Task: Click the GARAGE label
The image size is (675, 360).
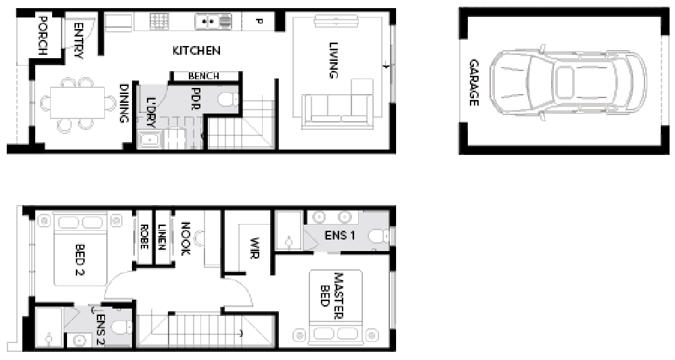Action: click(x=474, y=83)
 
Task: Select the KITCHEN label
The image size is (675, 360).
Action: click(x=196, y=50)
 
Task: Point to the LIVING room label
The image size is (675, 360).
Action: click(x=333, y=60)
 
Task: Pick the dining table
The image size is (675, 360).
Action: click(x=77, y=103)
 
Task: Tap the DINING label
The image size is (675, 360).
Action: click(x=125, y=103)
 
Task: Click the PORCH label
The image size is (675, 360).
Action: click(x=43, y=35)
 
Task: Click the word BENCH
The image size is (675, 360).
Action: click(x=204, y=76)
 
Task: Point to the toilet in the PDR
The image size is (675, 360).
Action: click(x=228, y=99)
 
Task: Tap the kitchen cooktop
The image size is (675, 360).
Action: click(x=160, y=22)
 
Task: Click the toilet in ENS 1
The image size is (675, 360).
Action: click(x=384, y=235)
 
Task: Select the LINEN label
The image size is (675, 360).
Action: click(x=162, y=238)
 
